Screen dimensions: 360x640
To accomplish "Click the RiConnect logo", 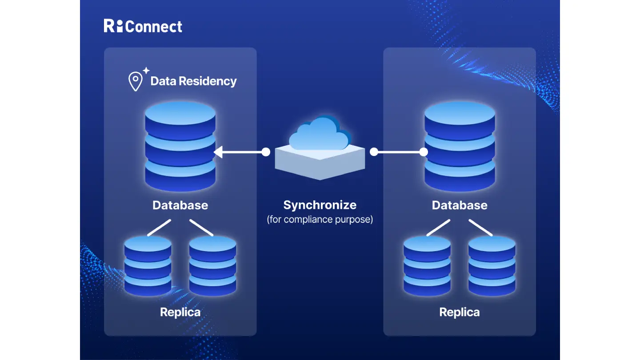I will (x=143, y=26).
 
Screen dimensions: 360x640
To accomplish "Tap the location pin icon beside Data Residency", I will (x=135, y=82).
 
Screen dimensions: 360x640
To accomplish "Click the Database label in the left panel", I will (x=180, y=205).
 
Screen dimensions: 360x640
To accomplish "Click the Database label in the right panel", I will (x=460, y=205).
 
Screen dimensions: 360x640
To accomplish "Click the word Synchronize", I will (x=320, y=205).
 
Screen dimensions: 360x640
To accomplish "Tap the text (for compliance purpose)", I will (x=320, y=219).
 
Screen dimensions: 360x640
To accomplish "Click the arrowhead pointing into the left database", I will (x=218, y=152).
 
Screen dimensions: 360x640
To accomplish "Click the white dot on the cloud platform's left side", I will (x=266, y=152).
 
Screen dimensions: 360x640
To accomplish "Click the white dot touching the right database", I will (x=424, y=152).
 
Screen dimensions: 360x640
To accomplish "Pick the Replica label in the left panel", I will (x=180, y=312).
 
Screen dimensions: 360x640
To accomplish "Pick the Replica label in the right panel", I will (x=460, y=312).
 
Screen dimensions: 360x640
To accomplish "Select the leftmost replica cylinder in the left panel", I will (x=148, y=265).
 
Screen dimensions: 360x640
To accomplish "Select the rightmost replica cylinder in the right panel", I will (x=492, y=265).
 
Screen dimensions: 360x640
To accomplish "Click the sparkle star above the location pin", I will (x=146, y=70).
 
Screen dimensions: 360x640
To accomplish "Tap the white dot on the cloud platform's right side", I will (x=374, y=152).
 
